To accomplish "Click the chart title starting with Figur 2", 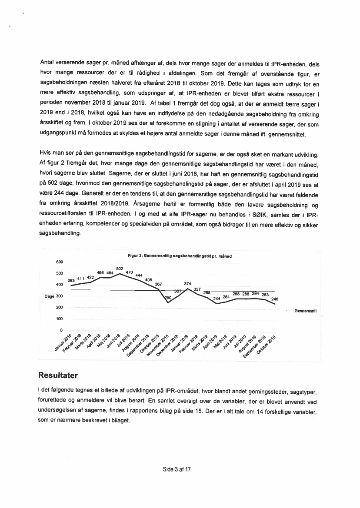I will coord(180,256).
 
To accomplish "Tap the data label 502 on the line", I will coord(120,269).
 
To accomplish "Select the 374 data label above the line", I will coord(188,283).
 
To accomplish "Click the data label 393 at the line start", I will coord(71,280).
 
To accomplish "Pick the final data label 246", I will coord(274,299).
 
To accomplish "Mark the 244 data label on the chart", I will coord(217,298).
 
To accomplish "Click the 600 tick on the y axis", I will coord(60,262).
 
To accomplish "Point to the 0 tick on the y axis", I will coord(62,330).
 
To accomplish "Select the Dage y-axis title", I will coord(50,296).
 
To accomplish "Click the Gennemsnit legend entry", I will coord(306,311).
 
